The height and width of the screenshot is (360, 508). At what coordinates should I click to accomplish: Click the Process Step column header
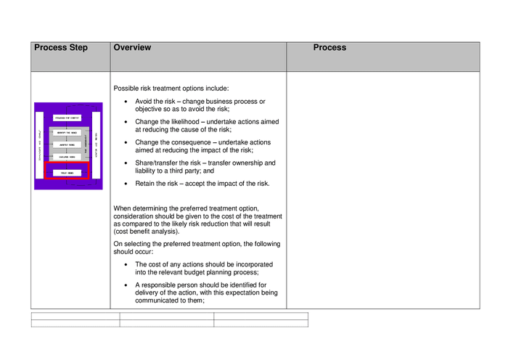61,48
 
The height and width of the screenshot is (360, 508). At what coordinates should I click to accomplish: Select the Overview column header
132,48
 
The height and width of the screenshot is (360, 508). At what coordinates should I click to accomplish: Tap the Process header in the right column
329,48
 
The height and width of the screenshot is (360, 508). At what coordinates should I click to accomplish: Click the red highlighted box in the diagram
67,172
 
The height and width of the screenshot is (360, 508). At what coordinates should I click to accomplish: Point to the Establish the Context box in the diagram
67,118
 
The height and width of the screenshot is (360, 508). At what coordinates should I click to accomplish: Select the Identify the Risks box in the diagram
67,133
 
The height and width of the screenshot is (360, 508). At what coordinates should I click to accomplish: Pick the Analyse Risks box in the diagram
67,144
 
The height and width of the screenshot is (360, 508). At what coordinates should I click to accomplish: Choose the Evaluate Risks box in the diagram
67,156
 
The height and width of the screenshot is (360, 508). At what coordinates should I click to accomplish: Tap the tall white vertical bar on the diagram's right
95,144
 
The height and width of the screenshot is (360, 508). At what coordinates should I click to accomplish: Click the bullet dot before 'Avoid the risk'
127,102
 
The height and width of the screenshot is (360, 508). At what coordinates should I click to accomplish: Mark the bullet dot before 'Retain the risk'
127,184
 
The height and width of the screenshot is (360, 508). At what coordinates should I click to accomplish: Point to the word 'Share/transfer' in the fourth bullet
157,163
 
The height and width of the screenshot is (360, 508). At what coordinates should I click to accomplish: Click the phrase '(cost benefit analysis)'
147,232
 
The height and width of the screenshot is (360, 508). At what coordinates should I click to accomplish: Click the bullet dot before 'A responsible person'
127,285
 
